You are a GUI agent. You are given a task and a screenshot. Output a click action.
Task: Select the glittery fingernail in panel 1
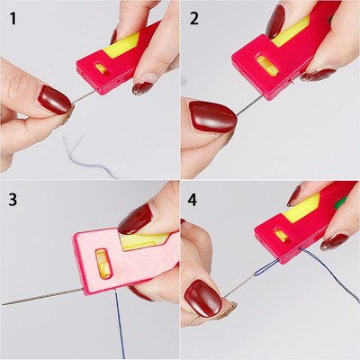pyautogui.click(x=142, y=87)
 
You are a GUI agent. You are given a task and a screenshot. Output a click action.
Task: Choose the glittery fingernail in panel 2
pyautogui.click(x=317, y=75)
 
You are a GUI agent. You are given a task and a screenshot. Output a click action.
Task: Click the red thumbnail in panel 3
pyautogui.click(x=136, y=219)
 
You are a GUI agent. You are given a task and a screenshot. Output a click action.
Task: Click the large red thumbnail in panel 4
pyautogui.click(x=203, y=297)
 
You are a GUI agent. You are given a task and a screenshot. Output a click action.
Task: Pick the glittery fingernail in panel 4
pyautogui.click(x=333, y=240)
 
